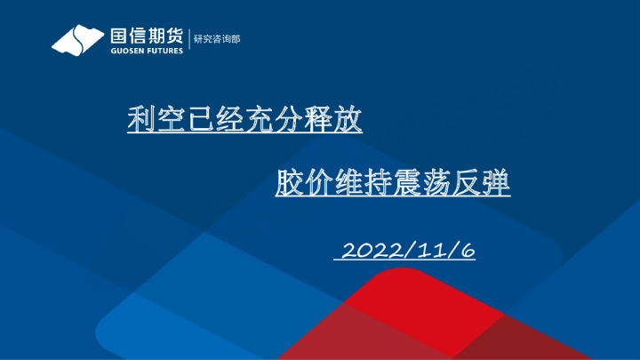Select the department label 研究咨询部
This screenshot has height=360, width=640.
point(217,39)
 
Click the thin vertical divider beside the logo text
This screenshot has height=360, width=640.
point(189,40)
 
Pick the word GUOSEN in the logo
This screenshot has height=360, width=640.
point(126,51)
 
